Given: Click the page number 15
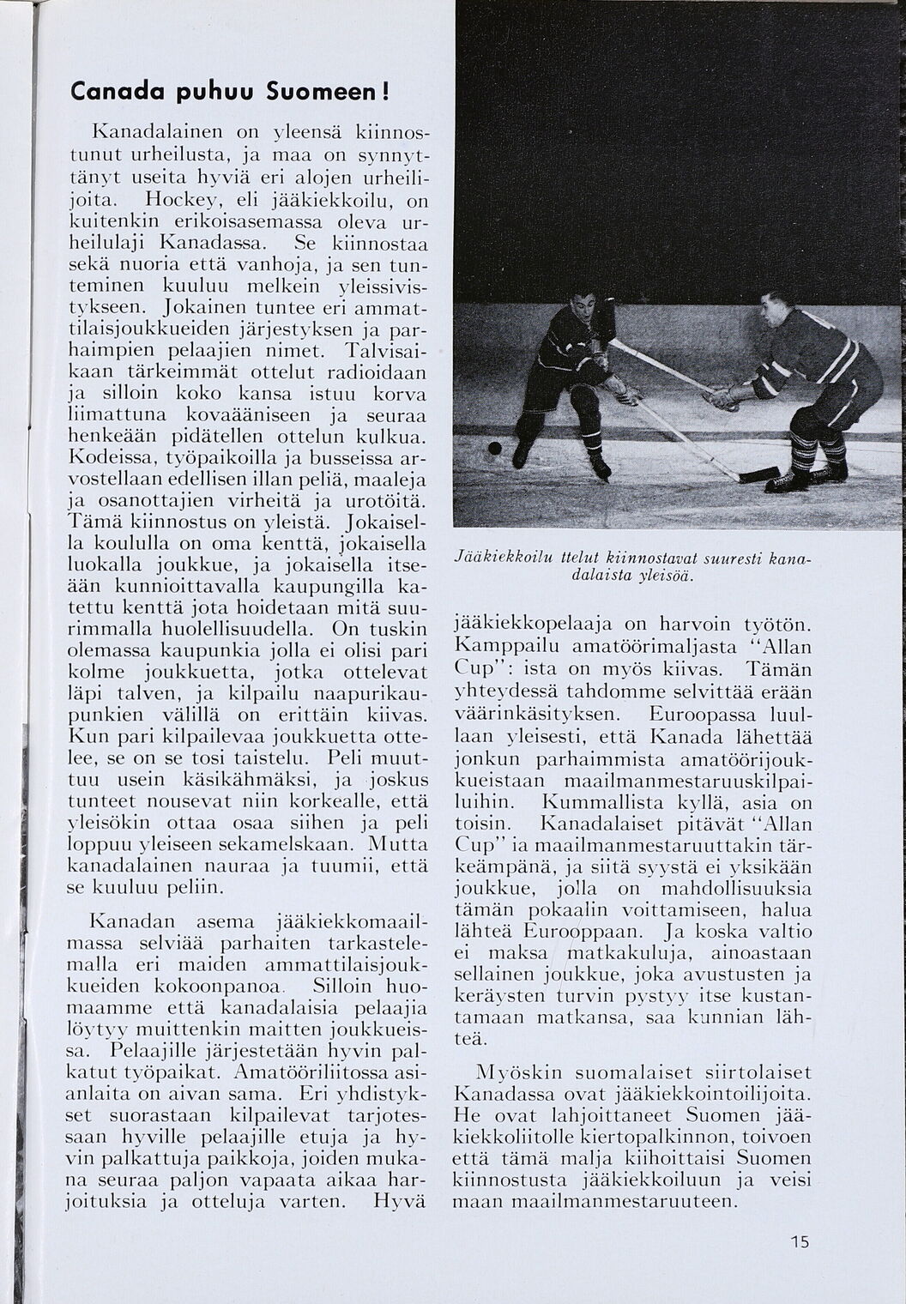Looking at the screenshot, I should (x=800, y=1241).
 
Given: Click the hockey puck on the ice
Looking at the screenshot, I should (x=495, y=448).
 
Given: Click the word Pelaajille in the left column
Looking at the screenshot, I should (x=150, y=1050).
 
